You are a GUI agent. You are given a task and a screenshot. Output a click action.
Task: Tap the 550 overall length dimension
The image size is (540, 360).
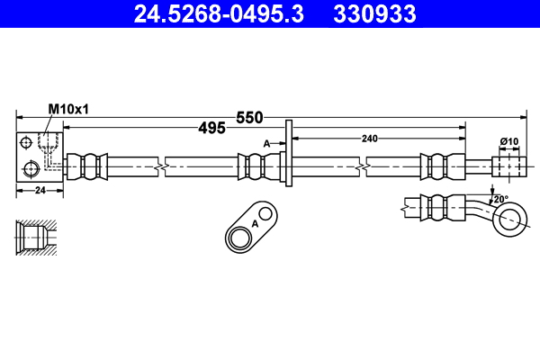point(249,117)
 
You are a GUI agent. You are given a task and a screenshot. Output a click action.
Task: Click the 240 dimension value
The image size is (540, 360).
point(369,138)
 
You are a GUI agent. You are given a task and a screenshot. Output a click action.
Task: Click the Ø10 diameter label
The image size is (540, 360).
point(509,141)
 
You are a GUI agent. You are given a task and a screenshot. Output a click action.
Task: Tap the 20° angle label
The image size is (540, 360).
point(500,198)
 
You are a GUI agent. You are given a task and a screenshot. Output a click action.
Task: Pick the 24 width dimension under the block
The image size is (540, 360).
point(40,190)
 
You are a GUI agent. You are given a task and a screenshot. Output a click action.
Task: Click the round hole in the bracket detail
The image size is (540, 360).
point(240,238)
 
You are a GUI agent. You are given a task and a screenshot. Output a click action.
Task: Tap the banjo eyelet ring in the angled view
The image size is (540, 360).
point(510,217)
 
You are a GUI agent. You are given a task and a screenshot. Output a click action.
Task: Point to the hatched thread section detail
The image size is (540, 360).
point(37,239)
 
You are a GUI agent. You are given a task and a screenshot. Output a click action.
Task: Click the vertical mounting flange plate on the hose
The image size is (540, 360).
point(289,155)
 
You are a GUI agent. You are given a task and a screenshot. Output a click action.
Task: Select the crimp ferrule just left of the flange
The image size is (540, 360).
point(256,166)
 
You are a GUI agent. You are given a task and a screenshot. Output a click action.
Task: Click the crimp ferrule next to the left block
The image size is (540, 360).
point(90,166)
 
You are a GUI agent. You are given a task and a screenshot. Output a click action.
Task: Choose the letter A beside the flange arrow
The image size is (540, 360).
point(266,143)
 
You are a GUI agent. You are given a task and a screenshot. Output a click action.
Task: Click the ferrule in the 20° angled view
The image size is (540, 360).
point(439,205)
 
